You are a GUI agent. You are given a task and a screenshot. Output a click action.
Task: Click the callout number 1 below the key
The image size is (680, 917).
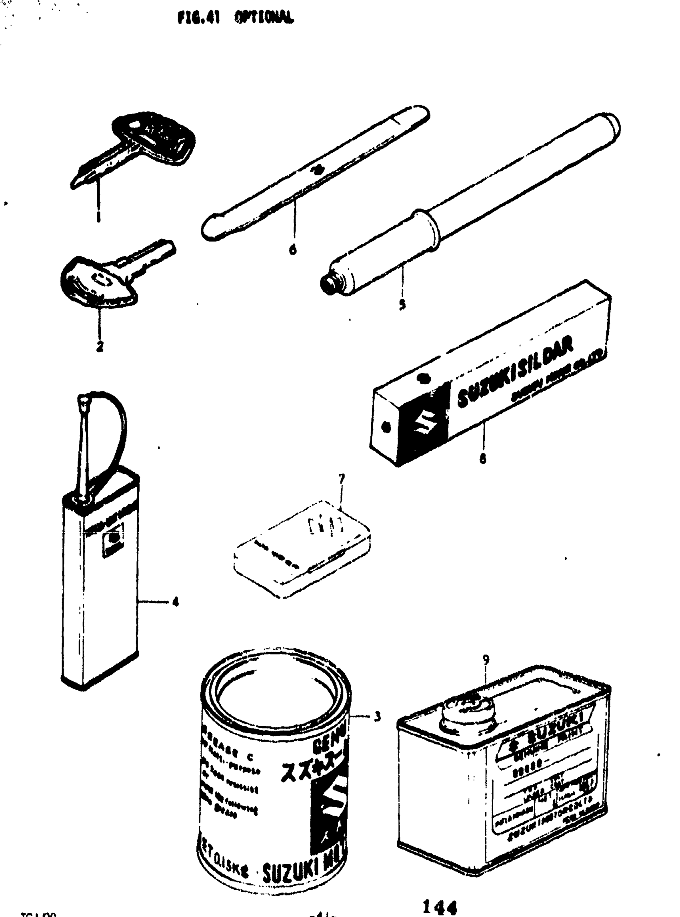pos(98,216)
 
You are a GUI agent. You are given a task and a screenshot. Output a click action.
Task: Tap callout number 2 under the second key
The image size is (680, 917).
pos(100,346)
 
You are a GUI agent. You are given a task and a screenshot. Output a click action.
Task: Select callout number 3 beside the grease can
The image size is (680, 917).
pos(377,717)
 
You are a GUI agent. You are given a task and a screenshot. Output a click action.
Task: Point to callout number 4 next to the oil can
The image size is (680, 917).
pos(176,603)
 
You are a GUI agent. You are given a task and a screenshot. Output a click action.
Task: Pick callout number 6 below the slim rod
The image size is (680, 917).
pos(293,249)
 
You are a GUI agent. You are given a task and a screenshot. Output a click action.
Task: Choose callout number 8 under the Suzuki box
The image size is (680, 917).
pos(483,459)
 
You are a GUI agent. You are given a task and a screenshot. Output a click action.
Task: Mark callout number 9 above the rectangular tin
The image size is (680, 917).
pos(486,660)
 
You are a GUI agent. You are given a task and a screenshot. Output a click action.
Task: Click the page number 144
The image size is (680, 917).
pos(440,907)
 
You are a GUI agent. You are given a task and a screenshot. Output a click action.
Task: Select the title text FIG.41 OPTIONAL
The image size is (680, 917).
pos(236,18)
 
